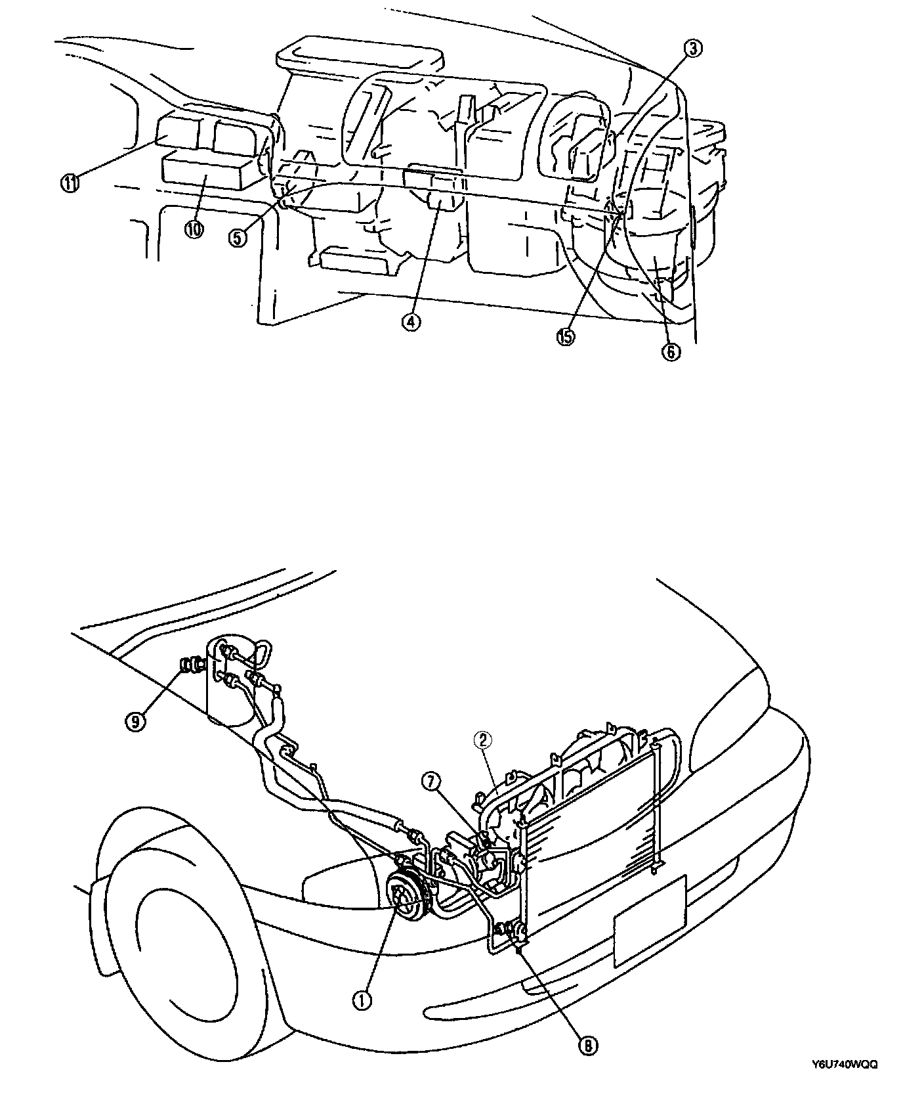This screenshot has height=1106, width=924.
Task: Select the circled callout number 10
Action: tap(194, 229)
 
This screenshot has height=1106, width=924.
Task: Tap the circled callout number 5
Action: tap(238, 238)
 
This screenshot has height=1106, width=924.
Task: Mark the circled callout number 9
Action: tap(136, 722)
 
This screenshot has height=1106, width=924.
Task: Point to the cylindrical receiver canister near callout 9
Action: tap(230, 683)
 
